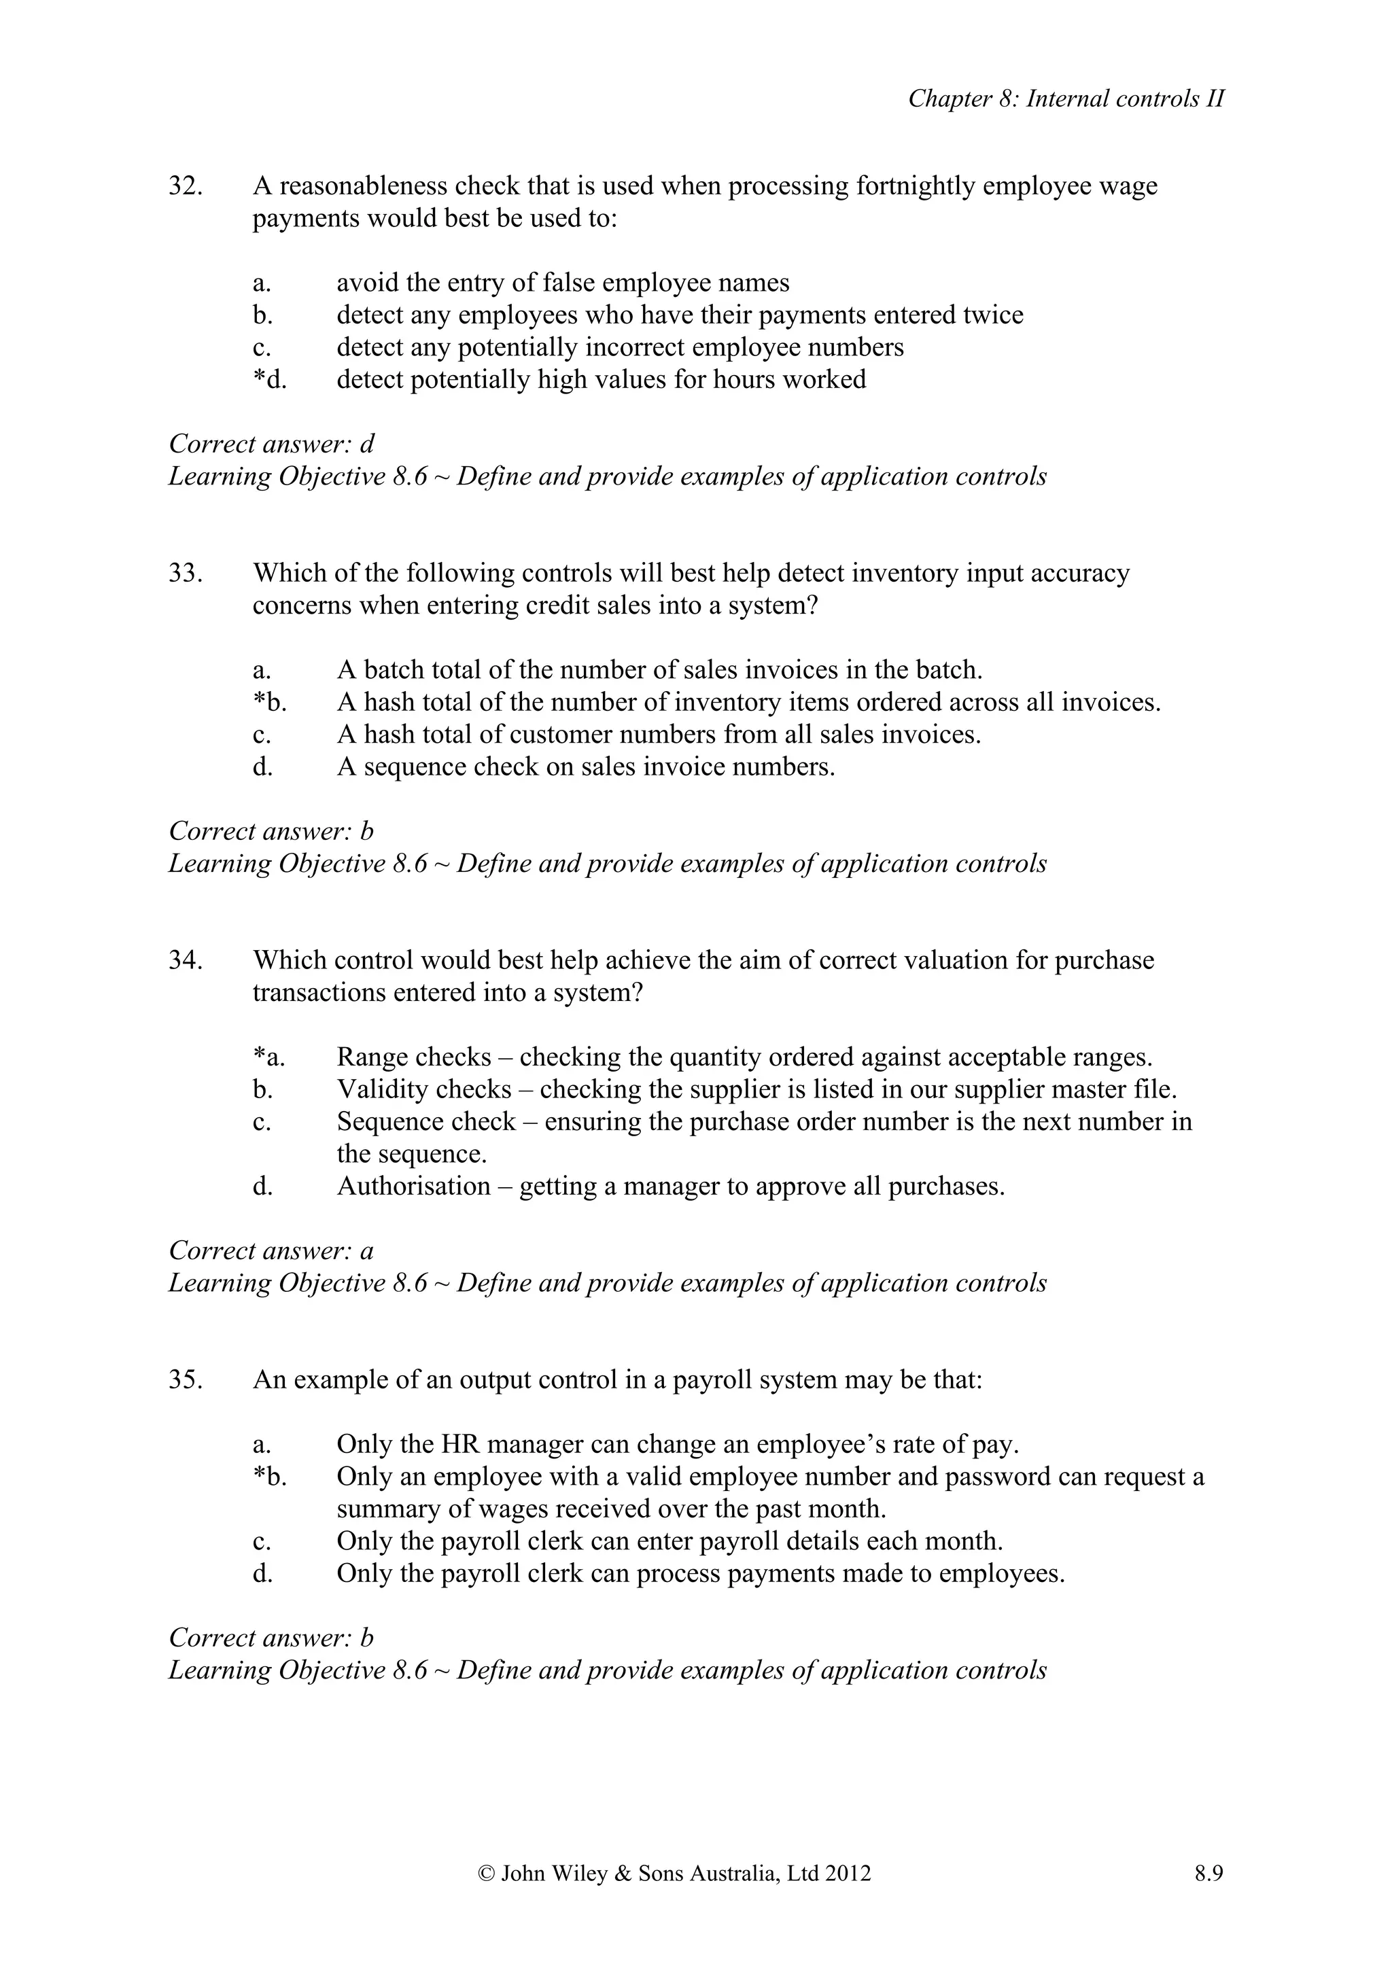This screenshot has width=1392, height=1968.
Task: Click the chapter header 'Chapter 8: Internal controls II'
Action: [1066, 99]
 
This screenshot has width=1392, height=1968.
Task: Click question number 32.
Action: [185, 186]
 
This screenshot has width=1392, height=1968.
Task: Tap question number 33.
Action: [185, 573]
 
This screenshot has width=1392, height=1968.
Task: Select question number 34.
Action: [185, 960]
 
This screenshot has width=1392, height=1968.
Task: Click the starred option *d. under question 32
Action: [269, 379]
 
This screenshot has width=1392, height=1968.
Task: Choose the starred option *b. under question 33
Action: [269, 702]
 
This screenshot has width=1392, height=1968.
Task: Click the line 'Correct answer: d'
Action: [272, 444]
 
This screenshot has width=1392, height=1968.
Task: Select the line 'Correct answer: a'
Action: [272, 1250]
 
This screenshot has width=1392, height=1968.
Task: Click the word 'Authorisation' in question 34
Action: [413, 1187]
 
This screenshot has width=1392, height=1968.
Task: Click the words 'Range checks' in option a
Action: [414, 1057]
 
